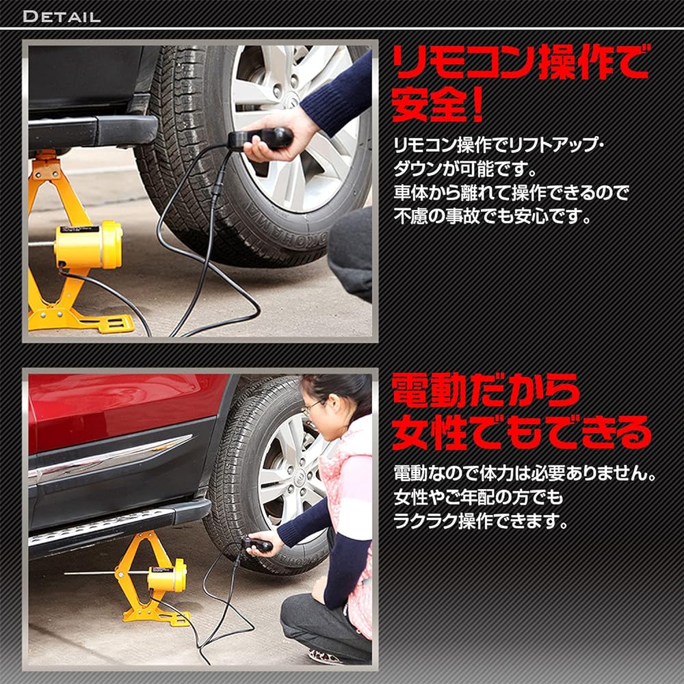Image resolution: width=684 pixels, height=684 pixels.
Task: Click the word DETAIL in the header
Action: [62, 16]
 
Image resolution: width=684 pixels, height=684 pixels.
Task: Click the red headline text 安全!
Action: [438, 105]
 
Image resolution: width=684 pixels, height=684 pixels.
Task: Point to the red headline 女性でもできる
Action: [520, 433]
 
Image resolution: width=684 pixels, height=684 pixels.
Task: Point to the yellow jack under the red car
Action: [154, 578]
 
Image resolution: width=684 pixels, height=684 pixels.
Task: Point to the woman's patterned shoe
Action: [328, 657]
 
